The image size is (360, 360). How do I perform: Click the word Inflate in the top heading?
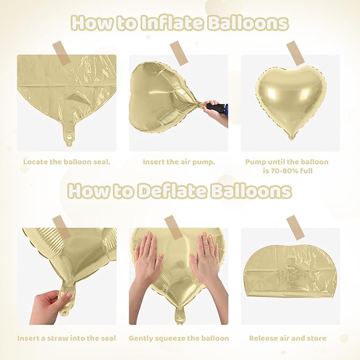click(172, 23)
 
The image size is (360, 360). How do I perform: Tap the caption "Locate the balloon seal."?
click(67, 162)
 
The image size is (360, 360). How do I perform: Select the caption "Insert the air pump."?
click(179, 162)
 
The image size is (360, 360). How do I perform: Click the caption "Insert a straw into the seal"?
click(67, 338)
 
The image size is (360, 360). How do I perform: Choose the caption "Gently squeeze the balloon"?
click(179, 338)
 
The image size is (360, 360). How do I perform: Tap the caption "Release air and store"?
click(288, 338)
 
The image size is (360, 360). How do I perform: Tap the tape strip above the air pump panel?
click(179, 52)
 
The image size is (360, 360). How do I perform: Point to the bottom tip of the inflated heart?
click(292, 138)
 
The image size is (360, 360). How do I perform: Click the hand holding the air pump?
click(215, 112)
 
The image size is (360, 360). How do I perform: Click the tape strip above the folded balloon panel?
click(295, 227)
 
